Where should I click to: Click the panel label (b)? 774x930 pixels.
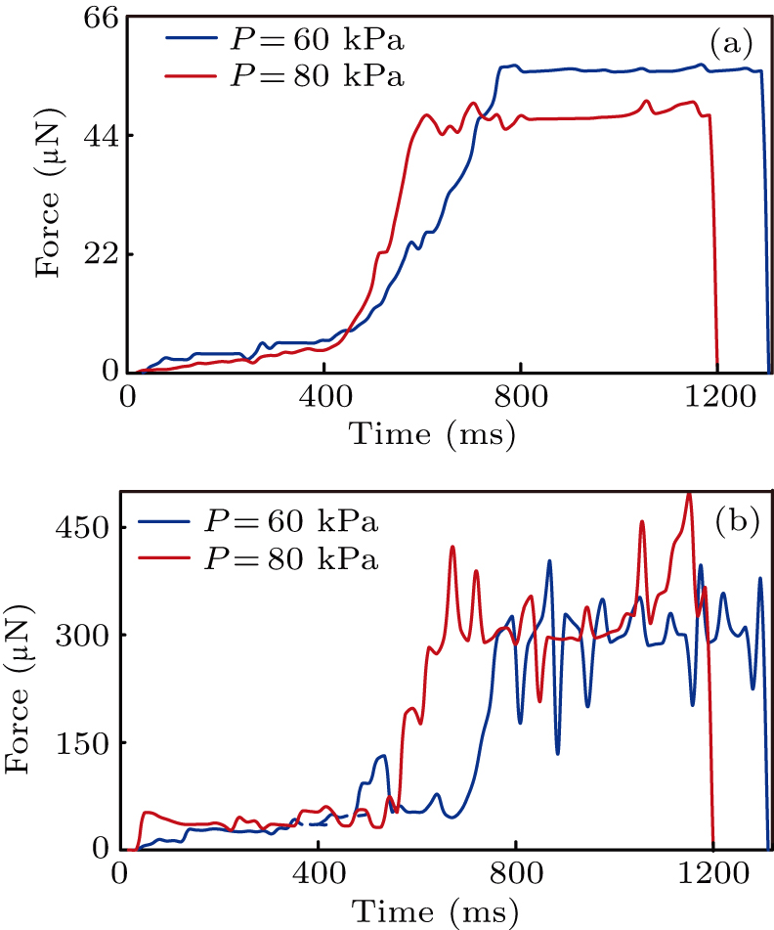coord(734,521)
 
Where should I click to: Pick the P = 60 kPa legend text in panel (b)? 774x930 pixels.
coord(290,522)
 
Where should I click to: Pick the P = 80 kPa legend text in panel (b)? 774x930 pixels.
coord(290,558)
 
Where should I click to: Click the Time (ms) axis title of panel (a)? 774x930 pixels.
coord(433,430)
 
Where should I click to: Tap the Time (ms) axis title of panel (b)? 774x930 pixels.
coord(433,910)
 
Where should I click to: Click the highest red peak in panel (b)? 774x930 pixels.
coord(689,495)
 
